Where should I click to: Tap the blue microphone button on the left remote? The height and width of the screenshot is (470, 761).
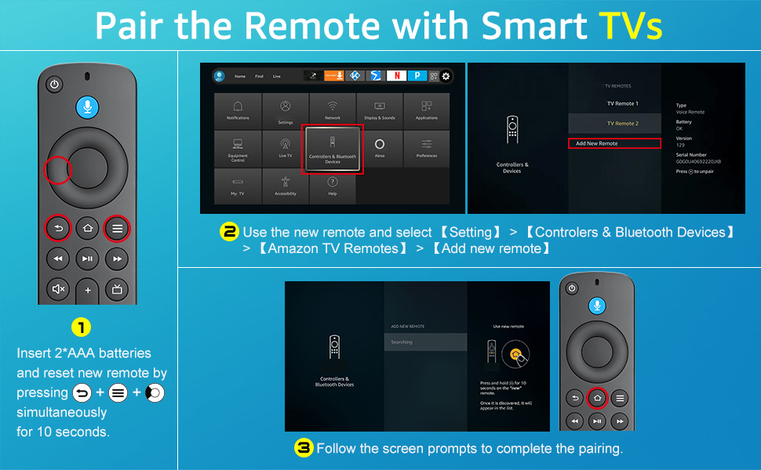click(x=87, y=107)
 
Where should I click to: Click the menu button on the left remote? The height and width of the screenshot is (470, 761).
click(x=118, y=229)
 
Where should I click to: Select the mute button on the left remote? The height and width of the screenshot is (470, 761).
click(x=58, y=288)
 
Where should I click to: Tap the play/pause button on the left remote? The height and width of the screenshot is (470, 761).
click(x=87, y=258)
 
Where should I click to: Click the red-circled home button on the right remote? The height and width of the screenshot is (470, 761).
click(x=597, y=398)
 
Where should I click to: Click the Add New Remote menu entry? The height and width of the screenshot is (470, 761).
click(x=614, y=143)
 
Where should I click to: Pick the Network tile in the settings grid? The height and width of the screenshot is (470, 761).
click(x=333, y=110)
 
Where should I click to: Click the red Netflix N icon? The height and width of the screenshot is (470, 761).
click(x=396, y=76)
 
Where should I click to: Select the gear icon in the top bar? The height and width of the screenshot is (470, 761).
click(x=446, y=76)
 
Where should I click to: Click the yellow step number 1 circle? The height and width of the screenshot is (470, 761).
click(x=82, y=327)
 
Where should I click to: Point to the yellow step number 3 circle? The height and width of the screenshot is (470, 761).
click(x=304, y=448)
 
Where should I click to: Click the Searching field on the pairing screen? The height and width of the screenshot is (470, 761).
click(x=425, y=342)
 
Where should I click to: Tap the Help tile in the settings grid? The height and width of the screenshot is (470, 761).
click(x=333, y=186)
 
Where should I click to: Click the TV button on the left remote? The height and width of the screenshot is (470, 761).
click(x=118, y=288)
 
